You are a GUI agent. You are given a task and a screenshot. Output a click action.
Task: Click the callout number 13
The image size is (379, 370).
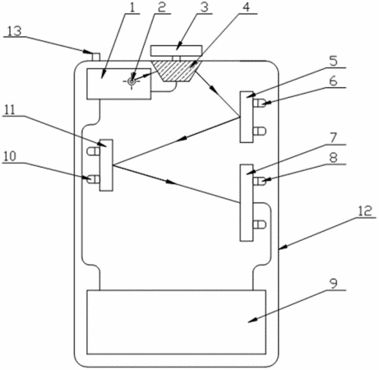click(14, 31)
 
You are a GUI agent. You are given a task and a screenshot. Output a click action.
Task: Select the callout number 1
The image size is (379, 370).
click(132, 8)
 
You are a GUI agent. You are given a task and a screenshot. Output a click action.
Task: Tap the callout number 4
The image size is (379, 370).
click(246, 7)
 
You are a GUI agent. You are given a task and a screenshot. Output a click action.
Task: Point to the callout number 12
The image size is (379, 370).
click(365, 210)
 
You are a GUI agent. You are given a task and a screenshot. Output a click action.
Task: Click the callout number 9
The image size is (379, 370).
click(333, 284)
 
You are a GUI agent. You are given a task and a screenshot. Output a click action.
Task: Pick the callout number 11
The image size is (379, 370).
click(10, 111)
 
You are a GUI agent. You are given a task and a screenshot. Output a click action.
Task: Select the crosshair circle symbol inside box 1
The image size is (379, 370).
click(132, 81)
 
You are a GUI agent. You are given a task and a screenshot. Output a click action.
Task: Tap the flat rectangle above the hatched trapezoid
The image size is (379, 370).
click(177, 50)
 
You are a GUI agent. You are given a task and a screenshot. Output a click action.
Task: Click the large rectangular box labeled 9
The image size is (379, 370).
click(176, 322)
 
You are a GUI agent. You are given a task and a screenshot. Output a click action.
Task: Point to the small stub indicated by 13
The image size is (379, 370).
click(96, 57)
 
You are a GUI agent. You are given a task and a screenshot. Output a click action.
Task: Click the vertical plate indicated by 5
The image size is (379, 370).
click(247, 117)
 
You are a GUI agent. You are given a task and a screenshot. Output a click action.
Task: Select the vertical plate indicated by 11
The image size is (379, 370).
click(106, 165)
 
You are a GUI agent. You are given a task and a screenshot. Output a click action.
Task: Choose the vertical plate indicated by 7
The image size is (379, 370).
click(247, 203)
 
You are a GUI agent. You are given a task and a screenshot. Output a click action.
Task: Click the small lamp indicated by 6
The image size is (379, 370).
click(259, 104)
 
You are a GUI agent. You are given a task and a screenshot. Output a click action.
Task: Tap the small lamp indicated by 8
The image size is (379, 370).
click(259, 181)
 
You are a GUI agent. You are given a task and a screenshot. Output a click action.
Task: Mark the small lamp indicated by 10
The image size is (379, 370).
click(94, 179)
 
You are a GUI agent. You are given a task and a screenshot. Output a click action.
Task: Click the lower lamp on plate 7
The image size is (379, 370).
click(259, 224)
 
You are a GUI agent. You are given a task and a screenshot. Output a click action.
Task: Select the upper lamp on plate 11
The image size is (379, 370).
click(94, 150)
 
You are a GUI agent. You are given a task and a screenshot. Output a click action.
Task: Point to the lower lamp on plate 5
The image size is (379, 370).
click(259, 131)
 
